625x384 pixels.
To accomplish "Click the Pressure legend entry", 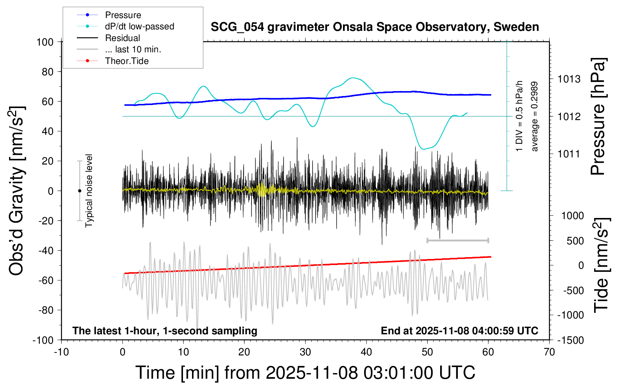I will click(x=123, y=15).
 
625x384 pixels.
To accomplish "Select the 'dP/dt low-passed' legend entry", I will click(x=139, y=26).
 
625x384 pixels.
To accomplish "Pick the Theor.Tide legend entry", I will click(x=127, y=61).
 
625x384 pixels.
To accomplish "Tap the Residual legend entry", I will click(x=122, y=38).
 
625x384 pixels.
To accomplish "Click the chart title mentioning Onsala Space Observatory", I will click(x=375, y=27).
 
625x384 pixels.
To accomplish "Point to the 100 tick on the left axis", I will click(x=45, y=42).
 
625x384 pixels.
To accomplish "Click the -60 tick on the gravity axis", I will click(x=46, y=280).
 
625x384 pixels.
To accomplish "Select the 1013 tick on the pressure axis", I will click(x=569, y=79).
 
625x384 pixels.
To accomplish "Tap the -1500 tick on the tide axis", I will click(x=570, y=340).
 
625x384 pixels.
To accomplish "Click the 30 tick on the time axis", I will click(x=305, y=352).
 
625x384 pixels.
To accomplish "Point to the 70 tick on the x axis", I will click(x=549, y=352).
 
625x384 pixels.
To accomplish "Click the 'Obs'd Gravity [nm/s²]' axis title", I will click(x=17, y=191).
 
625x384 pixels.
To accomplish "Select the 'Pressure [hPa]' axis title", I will click(x=598, y=117).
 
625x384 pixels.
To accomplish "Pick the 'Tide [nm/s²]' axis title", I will click(x=601, y=265).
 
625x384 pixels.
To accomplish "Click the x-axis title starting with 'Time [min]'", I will click(x=305, y=373).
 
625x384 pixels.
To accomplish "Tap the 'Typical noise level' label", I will click(x=89, y=190).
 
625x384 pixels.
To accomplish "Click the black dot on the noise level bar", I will click(x=79, y=191).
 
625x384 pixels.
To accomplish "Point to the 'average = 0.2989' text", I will click(x=534, y=117).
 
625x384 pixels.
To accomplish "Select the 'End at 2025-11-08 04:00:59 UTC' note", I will click(x=459, y=331).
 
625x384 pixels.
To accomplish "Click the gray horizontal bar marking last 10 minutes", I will click(x=457, y=240).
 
